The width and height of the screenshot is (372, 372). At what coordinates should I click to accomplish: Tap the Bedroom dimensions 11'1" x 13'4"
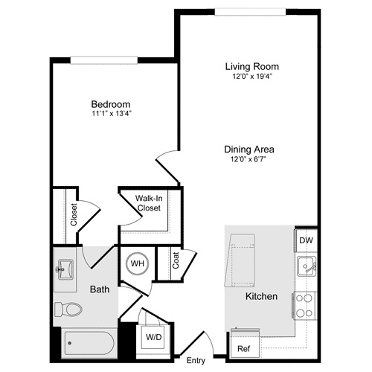(x=111, y=115)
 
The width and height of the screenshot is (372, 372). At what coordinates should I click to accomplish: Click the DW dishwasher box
(x=306, y=241)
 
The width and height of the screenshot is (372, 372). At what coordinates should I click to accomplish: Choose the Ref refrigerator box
(x=243, y=347)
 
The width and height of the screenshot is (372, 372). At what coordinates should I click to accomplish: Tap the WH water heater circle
(x=138, y=263)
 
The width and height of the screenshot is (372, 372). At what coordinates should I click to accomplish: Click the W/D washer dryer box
(x=154, y=337)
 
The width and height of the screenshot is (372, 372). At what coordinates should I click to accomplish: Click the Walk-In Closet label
(x=150, y=204)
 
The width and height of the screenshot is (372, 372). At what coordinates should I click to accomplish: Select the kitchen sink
(x=306, y=266)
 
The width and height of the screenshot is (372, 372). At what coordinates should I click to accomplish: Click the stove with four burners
(x=306, y=301)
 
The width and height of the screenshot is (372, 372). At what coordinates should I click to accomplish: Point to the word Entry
(x=196, y=361)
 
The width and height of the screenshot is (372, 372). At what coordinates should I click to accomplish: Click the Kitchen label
(x=261, y=297)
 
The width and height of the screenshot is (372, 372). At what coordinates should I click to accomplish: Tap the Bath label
(x=100, y=289)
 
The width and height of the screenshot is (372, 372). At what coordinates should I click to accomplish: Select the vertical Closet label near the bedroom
(x=74, y=215)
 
